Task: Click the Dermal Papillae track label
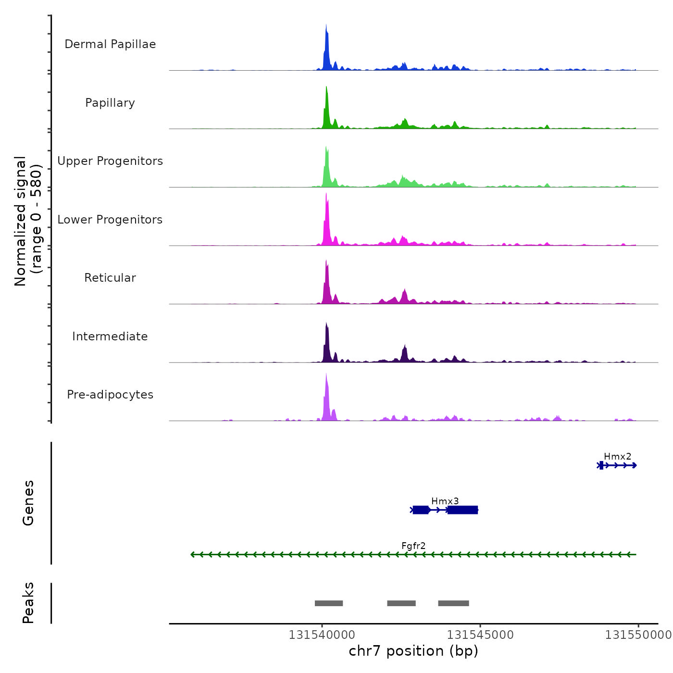click(x=110, y=44)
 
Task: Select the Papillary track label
click(x=110, y=103)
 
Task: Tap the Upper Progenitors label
click(x=110, y=161)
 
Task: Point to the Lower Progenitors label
click(x=110, y=220)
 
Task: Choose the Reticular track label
click(x=110, y=278)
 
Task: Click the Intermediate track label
click(x=110, y=336)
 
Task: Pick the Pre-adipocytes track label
click(x=110, y=395)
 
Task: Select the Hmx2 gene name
click(x=617, y=457)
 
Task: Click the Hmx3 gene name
click(x=445, y=501)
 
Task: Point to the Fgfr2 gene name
click(x=413, y=546)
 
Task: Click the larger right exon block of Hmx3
click(x=462, y=510)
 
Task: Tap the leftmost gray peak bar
click(x=329, y=603)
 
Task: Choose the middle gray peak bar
click(x=401, y=603)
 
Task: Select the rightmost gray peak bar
click(x=453, y=603)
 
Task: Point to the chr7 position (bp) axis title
click(x=413, y=651)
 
